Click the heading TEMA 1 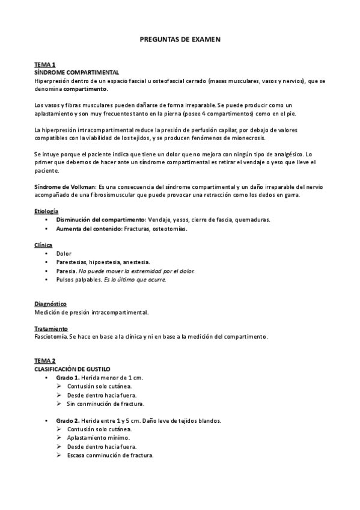[x=45, y=64]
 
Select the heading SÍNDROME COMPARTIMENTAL [x=76, y=72]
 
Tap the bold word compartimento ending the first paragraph [x=85, y=88]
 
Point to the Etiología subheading [x=46, y=211]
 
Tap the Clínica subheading [x=43, y=245]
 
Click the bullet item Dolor [x=64, y=254]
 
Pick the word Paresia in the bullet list [x=67, y=271]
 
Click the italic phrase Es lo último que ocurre [x=135, y=280]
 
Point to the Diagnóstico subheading [x=50, y=304]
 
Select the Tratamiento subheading [x=51, y=328]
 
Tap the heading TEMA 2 [x=45, y=360]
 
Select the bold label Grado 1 [x=68, y=377]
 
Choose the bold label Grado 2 [x=68, y=420]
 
